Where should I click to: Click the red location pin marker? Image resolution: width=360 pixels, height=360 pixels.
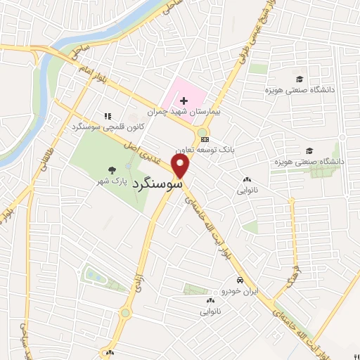[x=181, y=167]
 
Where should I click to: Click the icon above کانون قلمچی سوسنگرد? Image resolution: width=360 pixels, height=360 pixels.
[x=107, y=116]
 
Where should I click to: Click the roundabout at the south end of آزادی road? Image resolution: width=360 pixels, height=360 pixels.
[x=126, y=312]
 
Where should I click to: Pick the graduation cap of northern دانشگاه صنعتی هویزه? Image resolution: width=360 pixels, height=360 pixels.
[x=300, y=79]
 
